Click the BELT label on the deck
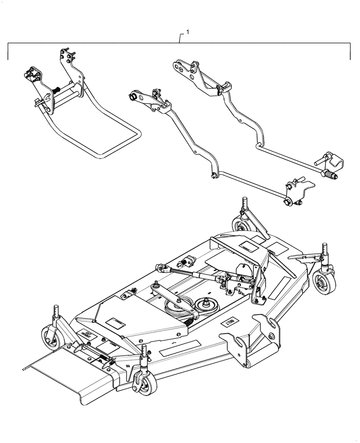tap(229, 322)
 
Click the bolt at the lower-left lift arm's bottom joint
tap(214, 175)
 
